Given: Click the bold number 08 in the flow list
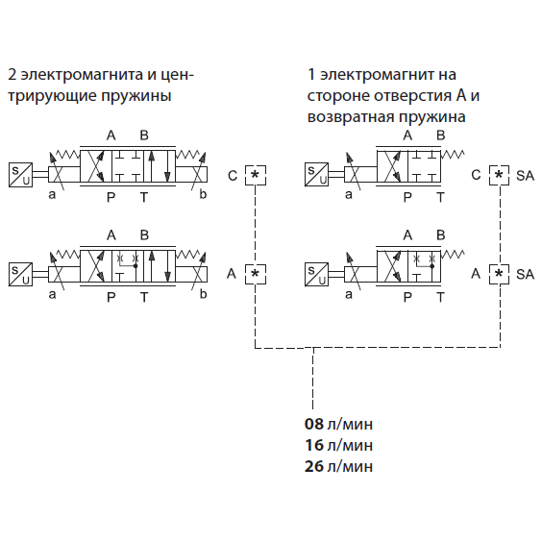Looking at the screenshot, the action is (314, 424).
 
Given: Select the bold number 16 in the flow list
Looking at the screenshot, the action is (314, 445).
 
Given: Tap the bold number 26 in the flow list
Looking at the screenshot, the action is (314, 466).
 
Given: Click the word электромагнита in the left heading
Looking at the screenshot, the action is (82, 75).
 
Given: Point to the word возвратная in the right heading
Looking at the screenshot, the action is (351, 117).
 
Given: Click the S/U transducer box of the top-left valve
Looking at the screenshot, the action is (20, 175).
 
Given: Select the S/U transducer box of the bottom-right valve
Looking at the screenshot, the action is (316, 275).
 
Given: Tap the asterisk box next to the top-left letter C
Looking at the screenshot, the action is (256, 175).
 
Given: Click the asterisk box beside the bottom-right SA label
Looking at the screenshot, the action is (499, 274).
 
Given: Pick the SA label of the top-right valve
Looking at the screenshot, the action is (525, 176).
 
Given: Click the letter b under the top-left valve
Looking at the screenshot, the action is (203, 194).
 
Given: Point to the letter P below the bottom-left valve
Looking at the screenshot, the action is (111, 297).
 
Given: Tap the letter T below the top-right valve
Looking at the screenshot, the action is (440, 197).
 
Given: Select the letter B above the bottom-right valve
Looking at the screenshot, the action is (440, 235).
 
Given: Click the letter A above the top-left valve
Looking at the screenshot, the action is (111, 135).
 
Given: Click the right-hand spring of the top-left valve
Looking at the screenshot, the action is (187, 155).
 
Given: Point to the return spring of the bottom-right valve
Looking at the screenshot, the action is (453, 255).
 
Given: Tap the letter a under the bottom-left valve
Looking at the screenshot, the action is (52, 295).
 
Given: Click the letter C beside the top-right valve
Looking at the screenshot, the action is (476, 175).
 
